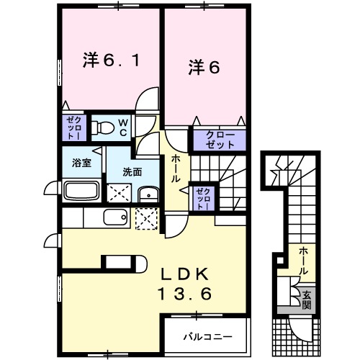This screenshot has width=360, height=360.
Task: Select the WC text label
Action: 123,129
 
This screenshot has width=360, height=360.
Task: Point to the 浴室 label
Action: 81,162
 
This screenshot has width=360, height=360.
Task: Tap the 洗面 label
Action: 131,172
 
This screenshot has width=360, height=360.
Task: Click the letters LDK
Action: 184,274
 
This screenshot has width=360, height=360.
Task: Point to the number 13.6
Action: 184,294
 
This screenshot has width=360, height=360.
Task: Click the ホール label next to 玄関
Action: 305,261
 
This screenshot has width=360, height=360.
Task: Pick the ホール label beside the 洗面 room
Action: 175,168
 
